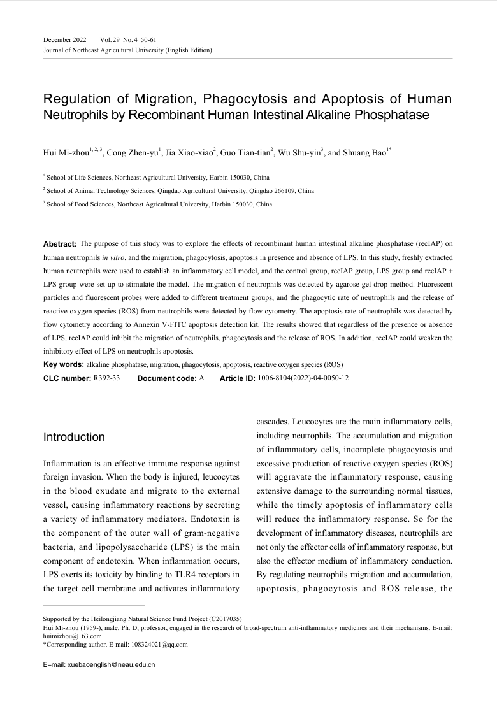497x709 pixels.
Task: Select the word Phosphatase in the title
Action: pyautogui.click(x=388, y=115)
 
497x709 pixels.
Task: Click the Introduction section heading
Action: pyautogui.click(x=74, y=437)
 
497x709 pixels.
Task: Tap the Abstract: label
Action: pyautogui.click(x=60, y=244)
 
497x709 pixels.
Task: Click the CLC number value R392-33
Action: pyautogui.click(x=106, y=378)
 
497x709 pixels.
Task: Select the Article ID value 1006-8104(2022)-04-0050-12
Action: pyautogui.click(x=303, y=378)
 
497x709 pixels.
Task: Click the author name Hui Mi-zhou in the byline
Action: pyautogui.click(x=66, y=153)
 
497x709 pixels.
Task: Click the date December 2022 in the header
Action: pyautogui.click(x=65, y=40)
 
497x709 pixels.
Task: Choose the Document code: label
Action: pyautogui.click(x=166, y=378)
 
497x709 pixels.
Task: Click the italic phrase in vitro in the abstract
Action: pyautogui.click(x=112, y=255)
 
